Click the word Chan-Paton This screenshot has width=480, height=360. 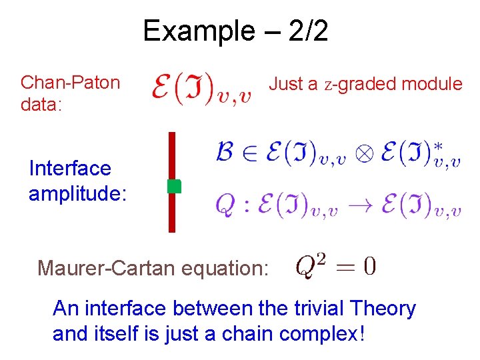point(70,83)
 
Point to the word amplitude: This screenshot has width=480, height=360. point(78,192)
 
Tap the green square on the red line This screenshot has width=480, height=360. point(173,186)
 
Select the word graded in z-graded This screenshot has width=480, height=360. point(365,85)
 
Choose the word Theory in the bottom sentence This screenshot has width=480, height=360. point(383,309)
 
